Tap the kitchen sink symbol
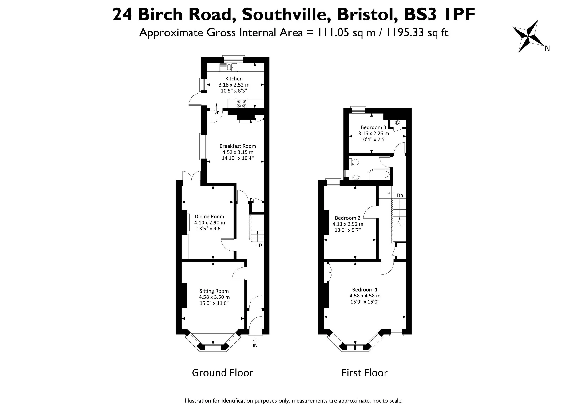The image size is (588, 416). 229,67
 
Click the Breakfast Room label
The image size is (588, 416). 238,146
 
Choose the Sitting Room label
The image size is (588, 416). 214,291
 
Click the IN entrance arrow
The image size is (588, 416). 255,341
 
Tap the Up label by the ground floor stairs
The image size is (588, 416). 258,245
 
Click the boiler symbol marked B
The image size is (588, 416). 397,123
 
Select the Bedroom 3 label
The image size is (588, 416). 373,127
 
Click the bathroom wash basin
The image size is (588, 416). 356,177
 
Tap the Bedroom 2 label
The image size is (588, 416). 347,218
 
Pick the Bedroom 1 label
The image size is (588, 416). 365,290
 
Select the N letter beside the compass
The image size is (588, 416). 547,48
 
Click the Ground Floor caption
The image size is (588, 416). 222,373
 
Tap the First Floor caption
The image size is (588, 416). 364,373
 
